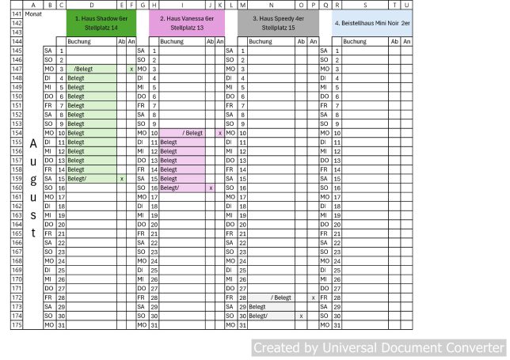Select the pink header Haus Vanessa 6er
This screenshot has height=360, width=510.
point(187,22)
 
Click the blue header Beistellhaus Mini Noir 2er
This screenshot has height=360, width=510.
point(371,22)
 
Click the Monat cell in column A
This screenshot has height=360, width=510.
point(33,14)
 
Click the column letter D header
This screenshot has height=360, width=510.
point(91,5)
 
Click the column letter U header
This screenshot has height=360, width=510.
point(406,5)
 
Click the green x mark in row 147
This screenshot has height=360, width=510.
point(131,70)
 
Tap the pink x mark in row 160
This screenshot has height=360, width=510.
point(211,188)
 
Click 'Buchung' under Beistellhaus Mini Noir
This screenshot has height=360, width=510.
point(354,41)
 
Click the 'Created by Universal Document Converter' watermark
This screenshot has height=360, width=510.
point(378,348)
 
